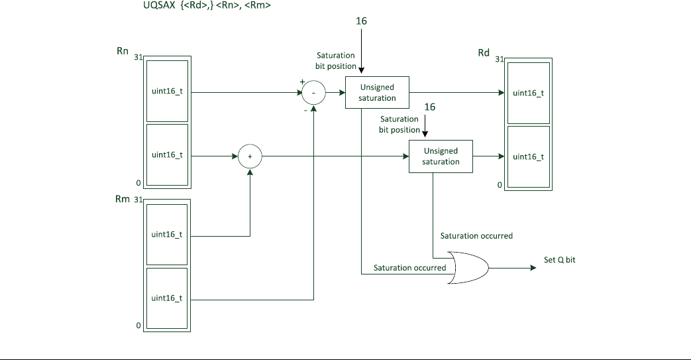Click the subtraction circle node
tap(314, 93)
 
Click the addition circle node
tap(250, 156)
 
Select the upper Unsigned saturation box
tap(377, 93)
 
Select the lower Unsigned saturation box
tap(441, 156)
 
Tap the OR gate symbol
tap(468, 268)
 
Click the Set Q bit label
tap(560, 260)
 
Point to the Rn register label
tap(123, 51)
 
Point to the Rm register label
tap(123, 200)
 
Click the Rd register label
tap(484, 53)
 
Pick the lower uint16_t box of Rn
tap(167, 154)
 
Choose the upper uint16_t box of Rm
tap(167, 234)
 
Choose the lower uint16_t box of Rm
tap(167, 298)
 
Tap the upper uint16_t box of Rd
tap(528, 93)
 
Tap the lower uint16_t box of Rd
tap(528, 156)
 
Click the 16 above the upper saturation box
tap(361, 21)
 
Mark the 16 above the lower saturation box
tap(429, 107)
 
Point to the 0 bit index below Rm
tap(138, 326)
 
